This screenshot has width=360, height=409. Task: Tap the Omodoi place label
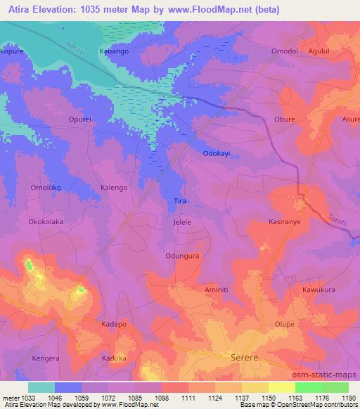(x=285, y=52)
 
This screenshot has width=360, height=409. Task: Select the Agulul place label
(x=335, y=52)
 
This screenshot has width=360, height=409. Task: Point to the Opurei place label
(x=79, y=119)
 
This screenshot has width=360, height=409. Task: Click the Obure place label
(x=284, y=119)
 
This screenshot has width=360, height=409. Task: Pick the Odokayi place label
(x=217, y=154)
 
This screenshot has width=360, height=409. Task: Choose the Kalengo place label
(x=114, y=188)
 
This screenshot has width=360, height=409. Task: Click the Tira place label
(x=180, y=201)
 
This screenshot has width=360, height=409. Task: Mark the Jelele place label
(x=182, y=221)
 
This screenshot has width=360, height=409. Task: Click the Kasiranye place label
(x=285, y=221)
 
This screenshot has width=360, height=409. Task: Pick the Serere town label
(x=245, y=358)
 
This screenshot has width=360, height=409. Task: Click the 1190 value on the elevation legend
(x=348, y=397)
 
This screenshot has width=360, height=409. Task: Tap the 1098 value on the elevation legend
(x=162, y=397)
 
